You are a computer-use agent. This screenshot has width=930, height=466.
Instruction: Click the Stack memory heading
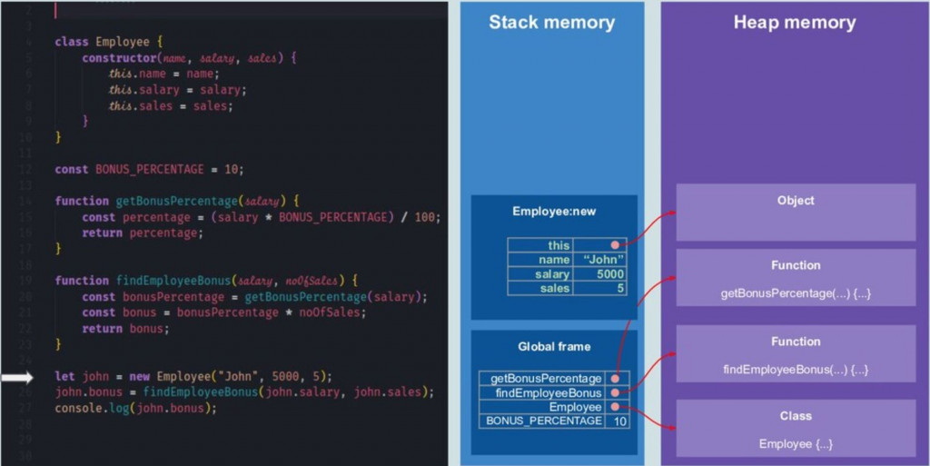[551, 23]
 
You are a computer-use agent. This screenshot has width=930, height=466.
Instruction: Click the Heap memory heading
[795, 23]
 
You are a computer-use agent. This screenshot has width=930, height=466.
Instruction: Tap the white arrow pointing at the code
[16, 377]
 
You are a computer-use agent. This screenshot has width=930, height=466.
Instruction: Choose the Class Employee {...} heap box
[796, 430]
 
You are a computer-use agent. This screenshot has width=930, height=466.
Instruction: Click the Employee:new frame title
[554, 212]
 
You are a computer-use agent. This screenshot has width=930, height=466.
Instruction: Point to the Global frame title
[554, 346]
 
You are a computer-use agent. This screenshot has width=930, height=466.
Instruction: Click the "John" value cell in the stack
[601, 260]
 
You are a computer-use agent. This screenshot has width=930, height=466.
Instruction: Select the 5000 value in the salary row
[601, 274]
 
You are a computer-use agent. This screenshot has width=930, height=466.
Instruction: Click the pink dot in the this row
[615, 245]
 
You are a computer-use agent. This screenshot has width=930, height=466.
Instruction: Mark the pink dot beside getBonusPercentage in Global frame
[616, 379]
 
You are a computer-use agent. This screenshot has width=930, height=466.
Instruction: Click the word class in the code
[72, 42]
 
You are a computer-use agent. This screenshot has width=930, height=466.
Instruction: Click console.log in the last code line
[85, 408]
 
